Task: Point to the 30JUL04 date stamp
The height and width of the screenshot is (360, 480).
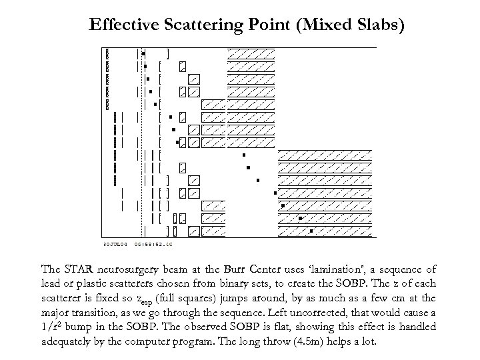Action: [115, 244]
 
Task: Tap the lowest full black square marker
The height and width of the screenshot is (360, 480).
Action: [311, 231]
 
